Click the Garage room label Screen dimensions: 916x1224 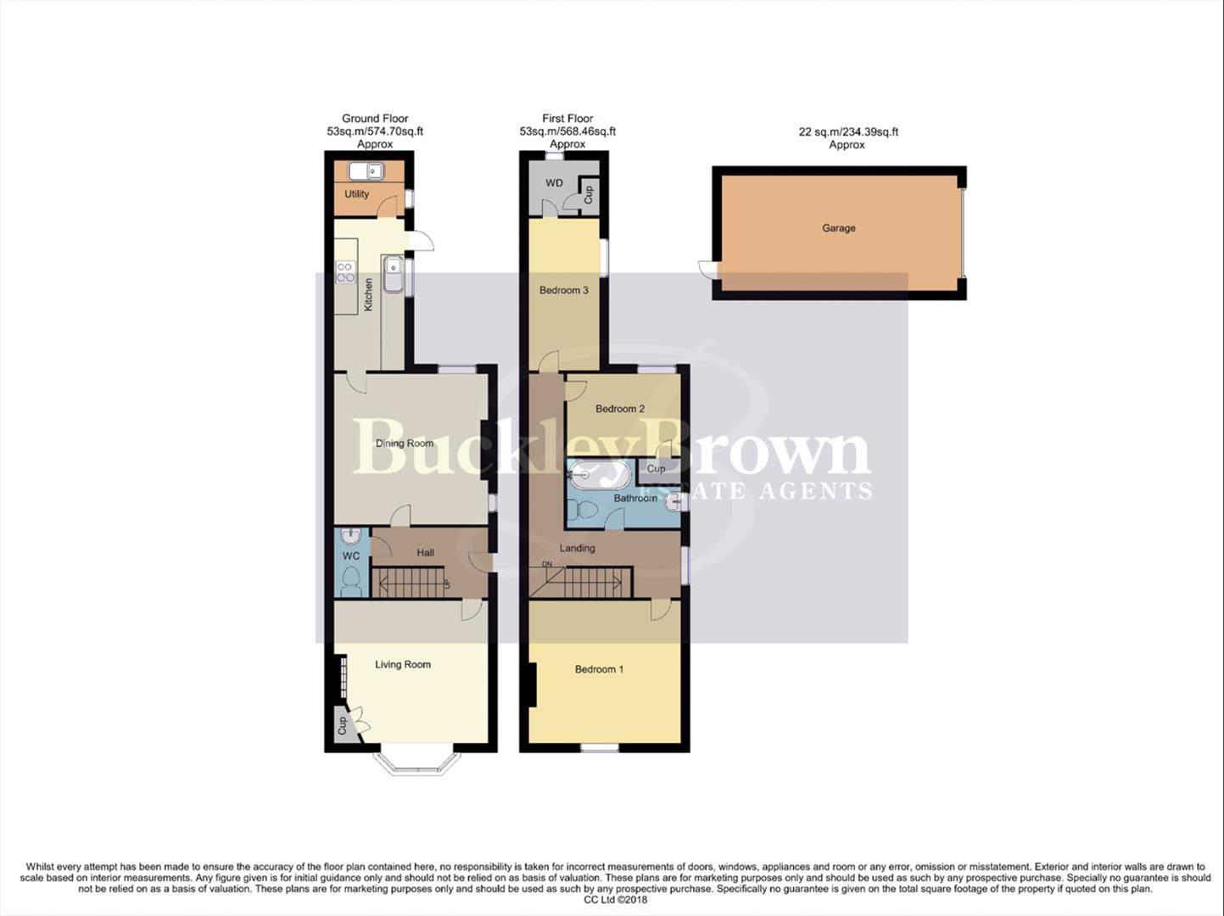[838, 228]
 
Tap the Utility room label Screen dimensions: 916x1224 [356, 194]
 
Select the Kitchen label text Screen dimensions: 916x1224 [368, 294]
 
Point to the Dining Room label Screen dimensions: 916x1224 [405, 444]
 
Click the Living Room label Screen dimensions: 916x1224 [403, 665]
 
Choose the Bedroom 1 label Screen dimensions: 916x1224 [599, 669]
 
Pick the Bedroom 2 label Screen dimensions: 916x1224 [619, 409]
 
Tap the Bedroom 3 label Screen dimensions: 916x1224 [564, 290]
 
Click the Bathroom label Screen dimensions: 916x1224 [635, 499]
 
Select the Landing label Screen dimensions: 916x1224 [577, 548]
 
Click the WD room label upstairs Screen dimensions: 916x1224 [554, 183]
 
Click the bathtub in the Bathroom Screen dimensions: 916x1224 [599, 476]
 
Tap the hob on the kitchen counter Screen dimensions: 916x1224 [346, 271]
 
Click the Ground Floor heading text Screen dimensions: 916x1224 [375, 119]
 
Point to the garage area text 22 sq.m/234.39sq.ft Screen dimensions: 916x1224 [848, 132]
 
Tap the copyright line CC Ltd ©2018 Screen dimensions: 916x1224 [615, 900]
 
